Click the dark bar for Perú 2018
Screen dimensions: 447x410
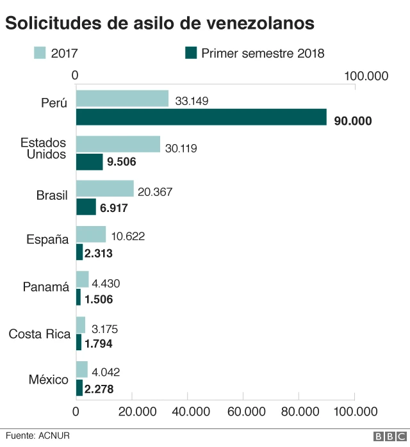tap(201, 117)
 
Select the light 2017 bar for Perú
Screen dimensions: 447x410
tap(122, 99)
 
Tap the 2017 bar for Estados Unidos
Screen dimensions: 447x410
tap(118, 144)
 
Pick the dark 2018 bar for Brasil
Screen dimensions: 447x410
tap(86, 207)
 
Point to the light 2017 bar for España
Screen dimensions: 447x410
tap(91, 234)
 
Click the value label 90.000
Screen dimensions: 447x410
tap(353, 120)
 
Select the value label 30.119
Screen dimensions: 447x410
tap(181, 148)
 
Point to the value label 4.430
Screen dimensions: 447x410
tap(106, 282)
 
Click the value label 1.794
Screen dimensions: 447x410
tap(102, 343)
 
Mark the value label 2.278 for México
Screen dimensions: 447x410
tap(102, 388)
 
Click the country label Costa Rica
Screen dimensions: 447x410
tap(39, 334)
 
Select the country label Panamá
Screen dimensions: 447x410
tap(45, 288)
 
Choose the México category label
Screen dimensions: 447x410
tap(48, 379)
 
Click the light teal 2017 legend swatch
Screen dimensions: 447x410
tap(40, 53)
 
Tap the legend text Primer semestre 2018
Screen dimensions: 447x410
tap(263, 53)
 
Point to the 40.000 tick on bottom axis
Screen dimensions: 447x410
tap(188, 411)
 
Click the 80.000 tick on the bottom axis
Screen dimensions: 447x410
tap(299, 411)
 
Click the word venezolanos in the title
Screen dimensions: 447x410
tap(261, 23)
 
